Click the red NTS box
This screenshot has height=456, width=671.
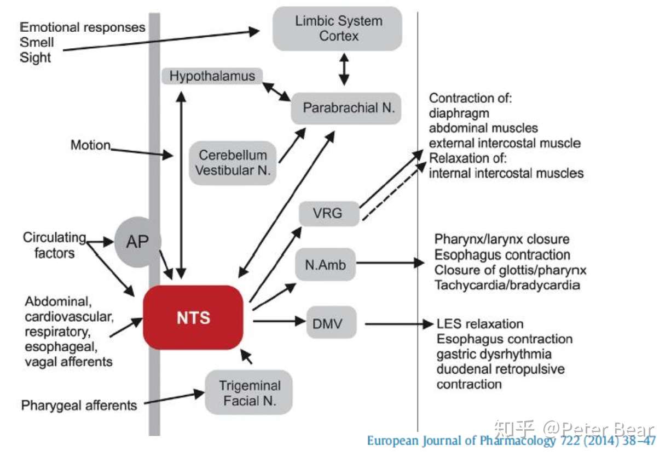(193, 317)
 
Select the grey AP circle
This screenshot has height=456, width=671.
(137, 241)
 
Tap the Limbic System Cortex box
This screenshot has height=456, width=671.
(338, 29)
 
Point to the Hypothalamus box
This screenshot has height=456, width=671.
(212, 76)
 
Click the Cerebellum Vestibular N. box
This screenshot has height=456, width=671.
(233, 163)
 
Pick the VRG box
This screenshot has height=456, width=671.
(329, 213)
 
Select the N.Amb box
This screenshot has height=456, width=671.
(325, 265)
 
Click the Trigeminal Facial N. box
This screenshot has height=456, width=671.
(249, 392)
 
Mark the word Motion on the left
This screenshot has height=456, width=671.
(90, 145)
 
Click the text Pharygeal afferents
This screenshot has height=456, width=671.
(79, 406)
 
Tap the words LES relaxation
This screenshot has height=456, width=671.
(480, 324)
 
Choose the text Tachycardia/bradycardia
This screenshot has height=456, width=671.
(507, 285)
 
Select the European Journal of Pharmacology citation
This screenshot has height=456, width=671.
(510, 441)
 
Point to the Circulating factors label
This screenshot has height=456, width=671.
(54, 245)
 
